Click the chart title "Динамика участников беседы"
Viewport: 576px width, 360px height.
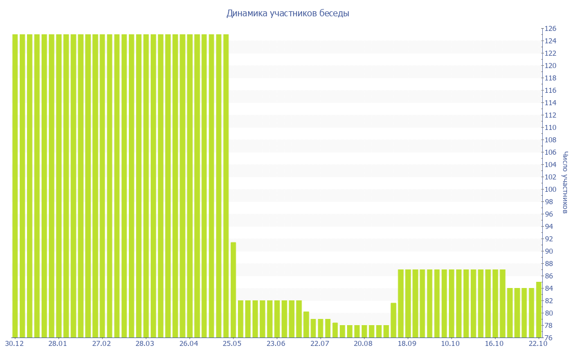pyautogui.click(x=287, y=13)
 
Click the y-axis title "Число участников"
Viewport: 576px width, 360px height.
pyautogui.click(x=565, y=182)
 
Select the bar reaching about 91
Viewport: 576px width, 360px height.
pyautogui.click(x=233, y=290)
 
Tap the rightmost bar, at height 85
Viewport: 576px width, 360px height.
pyautogui.click(x=539, y=309)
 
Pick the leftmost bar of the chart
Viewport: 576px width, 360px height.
pyautogui.click(x=16, y=186)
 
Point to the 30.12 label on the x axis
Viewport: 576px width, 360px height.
pyautogui.click(x=13, y=343)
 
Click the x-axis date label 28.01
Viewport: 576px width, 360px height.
pyautogui.click(x=57, y=343)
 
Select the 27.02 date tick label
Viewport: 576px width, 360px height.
pyautogui.click(x=101, y=343)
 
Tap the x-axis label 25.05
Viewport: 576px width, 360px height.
pyautogui.click(x=232, y=343)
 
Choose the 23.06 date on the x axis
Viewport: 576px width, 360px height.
pyautogui.click(x=276, y=343)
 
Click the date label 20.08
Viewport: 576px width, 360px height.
pyautogui.click(x=363, y=343)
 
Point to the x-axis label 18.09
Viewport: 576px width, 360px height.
pyautogui.click(x=407, y=343)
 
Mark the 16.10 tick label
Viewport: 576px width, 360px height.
pyautogui.click(x=494, y=343)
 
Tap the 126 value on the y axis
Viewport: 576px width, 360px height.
pyautogui.click(x=550, y=29)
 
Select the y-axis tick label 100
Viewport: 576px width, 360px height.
pyautogui.click(x=550, y=190)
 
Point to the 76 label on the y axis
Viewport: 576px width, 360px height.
pyautogui.click(x=548, y=338)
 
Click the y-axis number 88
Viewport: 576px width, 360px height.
pyautogui.click(x=548, y=264)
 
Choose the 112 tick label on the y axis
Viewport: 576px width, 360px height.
pyautogui.click(x=550, y=115)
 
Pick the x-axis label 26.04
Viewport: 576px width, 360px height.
pyautogui.click(x=188, y=343)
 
